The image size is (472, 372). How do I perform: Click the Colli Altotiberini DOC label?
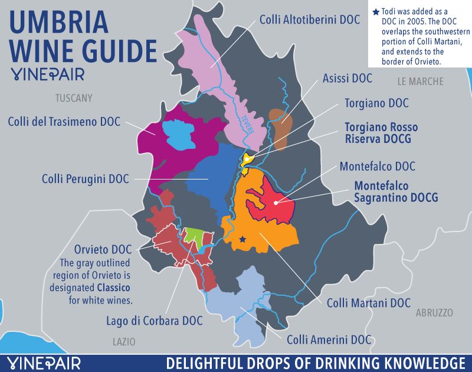309,19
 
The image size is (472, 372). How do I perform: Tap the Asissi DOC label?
347,78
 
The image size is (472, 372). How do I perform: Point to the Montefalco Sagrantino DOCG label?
396,191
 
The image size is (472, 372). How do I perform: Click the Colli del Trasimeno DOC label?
64,122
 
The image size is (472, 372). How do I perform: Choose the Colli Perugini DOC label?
84,178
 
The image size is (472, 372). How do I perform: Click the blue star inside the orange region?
242,239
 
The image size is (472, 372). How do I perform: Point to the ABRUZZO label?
433,312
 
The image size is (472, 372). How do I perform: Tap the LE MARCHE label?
420,81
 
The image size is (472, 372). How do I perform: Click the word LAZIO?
124,341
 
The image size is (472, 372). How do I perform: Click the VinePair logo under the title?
47,74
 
